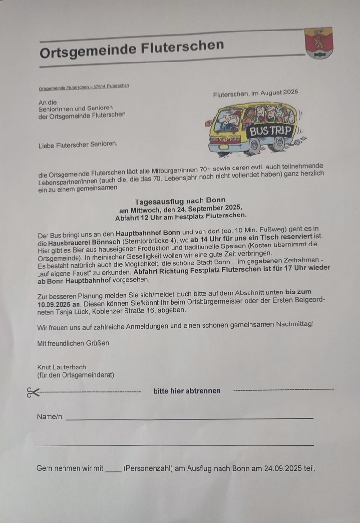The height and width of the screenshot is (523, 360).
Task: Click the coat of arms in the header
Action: (319, 43)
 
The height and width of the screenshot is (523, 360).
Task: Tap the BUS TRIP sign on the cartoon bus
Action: (271, 131)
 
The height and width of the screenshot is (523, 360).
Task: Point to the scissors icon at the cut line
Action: (33, 392)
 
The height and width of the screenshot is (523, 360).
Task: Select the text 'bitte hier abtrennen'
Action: (187, 391)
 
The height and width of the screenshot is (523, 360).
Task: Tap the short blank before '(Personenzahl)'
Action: (113, 469)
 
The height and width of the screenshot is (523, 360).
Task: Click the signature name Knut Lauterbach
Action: (62, 367)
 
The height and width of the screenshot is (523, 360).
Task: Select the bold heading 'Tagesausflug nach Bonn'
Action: (180, 200)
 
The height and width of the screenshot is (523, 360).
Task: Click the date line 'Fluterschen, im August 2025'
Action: (255, 93)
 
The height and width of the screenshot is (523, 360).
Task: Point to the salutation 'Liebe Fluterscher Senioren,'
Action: (78, 144)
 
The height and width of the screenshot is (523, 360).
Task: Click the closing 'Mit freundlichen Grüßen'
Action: (73, 343)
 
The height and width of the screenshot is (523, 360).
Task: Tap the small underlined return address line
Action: (84, 87)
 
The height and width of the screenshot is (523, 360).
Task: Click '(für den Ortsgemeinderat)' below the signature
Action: (76, 375)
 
